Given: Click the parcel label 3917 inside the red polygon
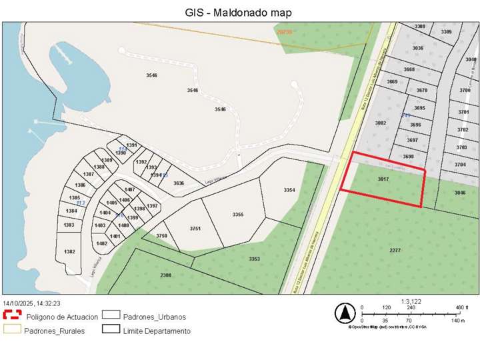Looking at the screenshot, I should (x=383, y=179).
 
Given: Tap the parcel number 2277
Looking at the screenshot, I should (x=395, y=250).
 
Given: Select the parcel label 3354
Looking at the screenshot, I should (x=289, y=191).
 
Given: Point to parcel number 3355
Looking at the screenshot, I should (x=238, y=215).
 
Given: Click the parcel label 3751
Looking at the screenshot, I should (x=195, y=229).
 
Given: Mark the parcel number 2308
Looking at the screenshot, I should (x=166, y=275).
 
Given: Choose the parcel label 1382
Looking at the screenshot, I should (x=69, y=251).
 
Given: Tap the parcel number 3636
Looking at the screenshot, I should (x=179, y=183).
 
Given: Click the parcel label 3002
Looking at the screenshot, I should (x=381, y=123).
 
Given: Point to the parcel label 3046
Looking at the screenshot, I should (x=460, y=193).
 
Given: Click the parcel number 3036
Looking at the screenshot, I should (x=418, y=48).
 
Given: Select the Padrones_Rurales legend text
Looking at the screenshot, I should (x=54, y=331).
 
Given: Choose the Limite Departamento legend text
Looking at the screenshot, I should (x=157, y=331).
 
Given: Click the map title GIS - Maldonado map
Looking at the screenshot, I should (x=238, y=12).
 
